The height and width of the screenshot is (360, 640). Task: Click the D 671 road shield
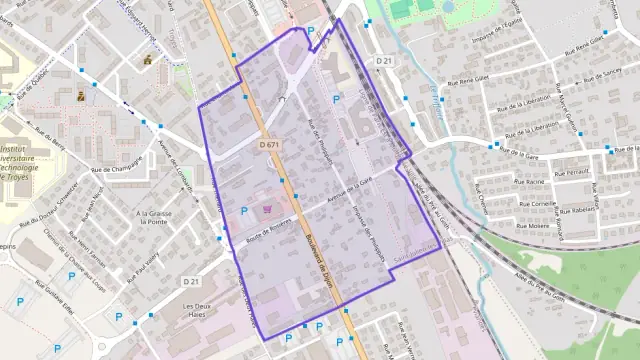[268, 145]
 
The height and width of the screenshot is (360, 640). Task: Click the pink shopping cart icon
[267, 210]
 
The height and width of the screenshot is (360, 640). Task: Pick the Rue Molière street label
[531, 227]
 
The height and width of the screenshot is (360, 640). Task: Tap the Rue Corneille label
[537, 203]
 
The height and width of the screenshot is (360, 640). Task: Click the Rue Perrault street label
[571, 172]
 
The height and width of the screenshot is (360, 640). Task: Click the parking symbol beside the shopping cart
[246, 210]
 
